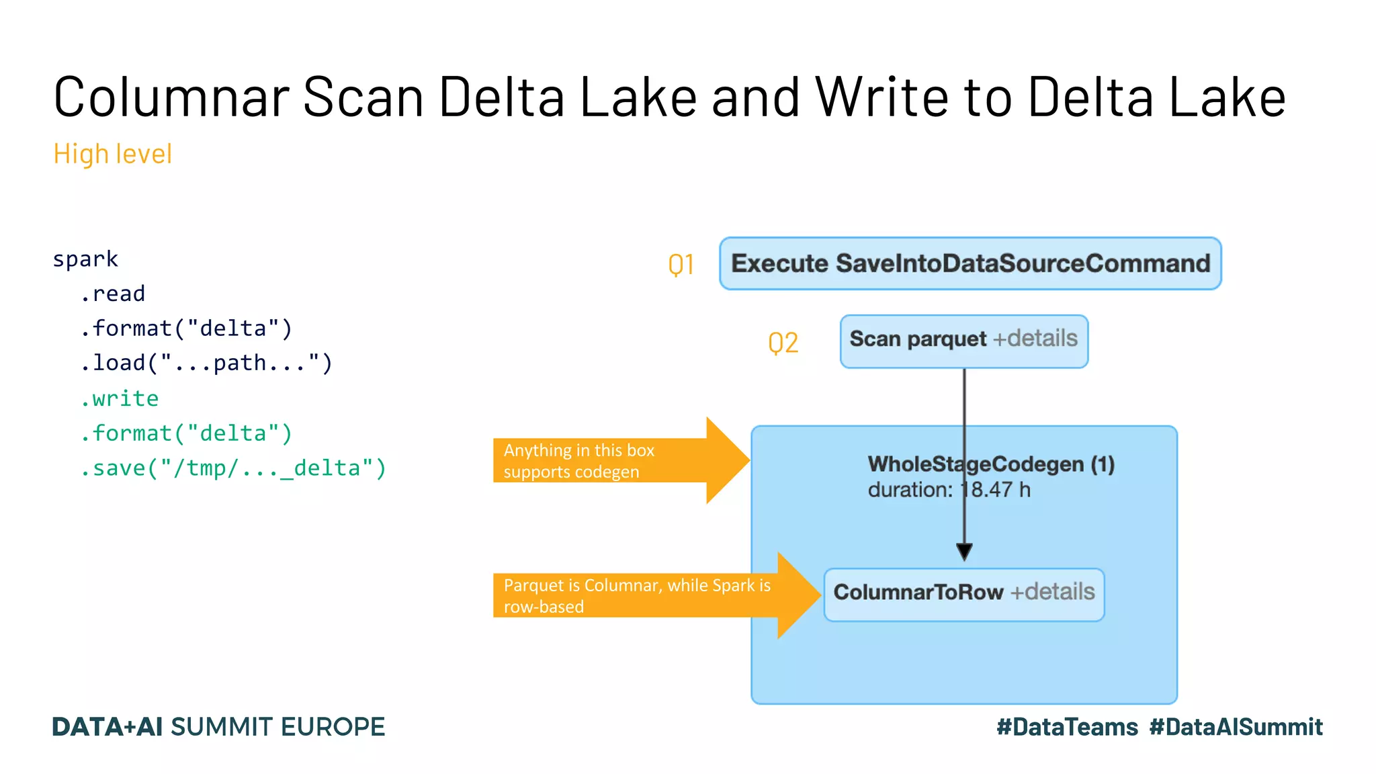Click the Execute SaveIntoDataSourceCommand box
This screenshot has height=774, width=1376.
970,263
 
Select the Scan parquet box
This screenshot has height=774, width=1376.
963,341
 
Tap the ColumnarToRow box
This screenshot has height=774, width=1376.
963,594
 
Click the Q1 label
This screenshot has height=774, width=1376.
681,265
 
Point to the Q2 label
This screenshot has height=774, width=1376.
783,343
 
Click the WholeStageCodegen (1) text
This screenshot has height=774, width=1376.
990,464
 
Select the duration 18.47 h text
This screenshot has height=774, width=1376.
948,490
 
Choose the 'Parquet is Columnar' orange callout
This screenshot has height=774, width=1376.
638,595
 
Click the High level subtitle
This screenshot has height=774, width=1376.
112,154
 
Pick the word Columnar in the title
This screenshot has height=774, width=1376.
171,97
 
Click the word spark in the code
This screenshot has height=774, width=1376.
85,259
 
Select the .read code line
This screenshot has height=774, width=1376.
112,294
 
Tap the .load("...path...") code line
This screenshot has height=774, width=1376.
206,363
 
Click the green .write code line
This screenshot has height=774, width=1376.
120,398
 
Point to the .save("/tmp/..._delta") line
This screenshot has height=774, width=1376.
233,468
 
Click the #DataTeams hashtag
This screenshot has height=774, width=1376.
1067,727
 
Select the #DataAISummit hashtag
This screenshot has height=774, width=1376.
1236,727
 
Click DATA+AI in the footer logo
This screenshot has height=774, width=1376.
107,727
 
